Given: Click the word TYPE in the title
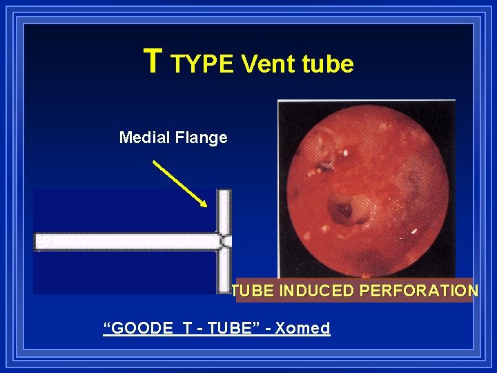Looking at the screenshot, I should click(x=203, y=64).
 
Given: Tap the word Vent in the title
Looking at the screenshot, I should click(x=269, y=64).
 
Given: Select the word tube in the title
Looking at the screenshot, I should click(x=328, y=64).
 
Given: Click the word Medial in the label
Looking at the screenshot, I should click(x=143, y=137).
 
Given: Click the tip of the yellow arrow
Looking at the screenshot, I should click(x=206, y=206).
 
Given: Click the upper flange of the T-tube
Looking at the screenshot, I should click(x=224, y=211).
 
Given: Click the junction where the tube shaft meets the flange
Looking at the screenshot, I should click(x=224, y=242).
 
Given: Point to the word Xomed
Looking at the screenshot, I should click(x=302, y=328).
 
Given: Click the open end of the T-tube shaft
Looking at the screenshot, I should click(x=37, y=242).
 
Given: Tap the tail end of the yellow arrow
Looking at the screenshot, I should click(x=154, y=162).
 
